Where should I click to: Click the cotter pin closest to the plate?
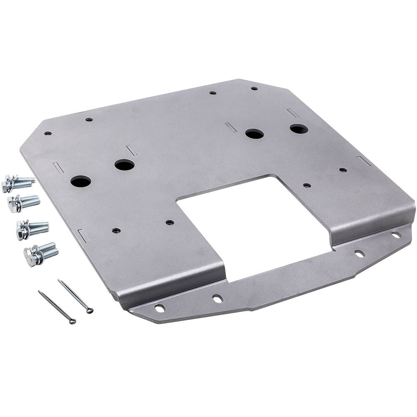75,296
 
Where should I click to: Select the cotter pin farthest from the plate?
57,307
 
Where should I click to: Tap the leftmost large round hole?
80,181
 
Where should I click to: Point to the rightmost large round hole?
299,129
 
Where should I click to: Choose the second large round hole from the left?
124,165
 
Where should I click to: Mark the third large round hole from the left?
254,134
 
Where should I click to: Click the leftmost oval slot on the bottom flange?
160,308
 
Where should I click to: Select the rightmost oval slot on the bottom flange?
396,235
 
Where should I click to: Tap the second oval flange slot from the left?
217,298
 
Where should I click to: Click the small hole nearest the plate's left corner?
48,134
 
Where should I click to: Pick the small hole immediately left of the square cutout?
169,222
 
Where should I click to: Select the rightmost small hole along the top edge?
254,88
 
